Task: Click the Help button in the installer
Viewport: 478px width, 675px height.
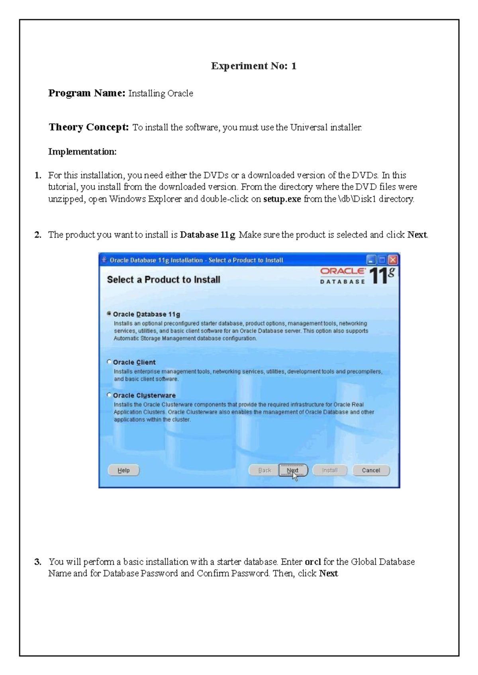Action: point(123,470)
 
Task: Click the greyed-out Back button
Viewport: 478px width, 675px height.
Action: point(264,470)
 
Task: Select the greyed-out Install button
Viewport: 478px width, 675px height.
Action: point(329,470)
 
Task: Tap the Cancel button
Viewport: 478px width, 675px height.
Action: point(370,470)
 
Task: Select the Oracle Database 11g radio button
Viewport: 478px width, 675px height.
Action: point(109,314)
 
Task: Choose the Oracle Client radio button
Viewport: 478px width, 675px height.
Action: point(109,362)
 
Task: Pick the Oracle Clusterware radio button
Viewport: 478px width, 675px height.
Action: point(109,395)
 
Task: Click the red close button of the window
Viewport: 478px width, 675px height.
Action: point(393,260)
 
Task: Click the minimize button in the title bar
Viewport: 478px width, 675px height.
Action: point(371,260)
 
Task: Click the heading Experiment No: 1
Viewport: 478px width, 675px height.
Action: point(253,66)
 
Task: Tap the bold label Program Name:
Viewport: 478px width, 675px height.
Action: point(87,93)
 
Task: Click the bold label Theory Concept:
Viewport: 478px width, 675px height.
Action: point(88,127)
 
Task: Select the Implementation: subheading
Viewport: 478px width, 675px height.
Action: point(82,151)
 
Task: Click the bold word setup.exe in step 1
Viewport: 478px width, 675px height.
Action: point(282,199)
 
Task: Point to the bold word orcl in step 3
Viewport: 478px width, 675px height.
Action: point(313,562)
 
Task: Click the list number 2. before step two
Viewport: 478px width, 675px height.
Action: point(38,234)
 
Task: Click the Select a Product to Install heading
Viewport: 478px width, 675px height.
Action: point(163,279)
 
